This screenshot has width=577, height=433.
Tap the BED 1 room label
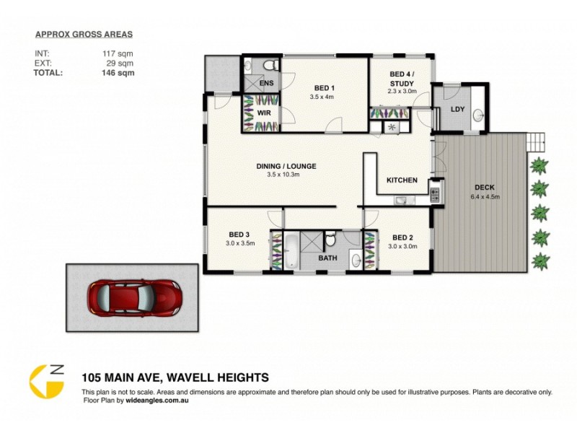tap(322, 88)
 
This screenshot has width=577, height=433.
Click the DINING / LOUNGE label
tap(286, 166)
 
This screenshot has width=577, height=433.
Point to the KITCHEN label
tap(402, 180)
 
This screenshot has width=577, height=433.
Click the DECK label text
tap(485, 187)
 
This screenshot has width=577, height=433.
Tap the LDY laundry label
tap(457, 109)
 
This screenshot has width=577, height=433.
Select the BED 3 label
tap(239, 235)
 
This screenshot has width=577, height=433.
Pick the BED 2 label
tap(402, 237)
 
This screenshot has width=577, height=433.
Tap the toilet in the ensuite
tap(270, 66)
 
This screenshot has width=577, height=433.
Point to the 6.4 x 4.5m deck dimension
tap(485, 196)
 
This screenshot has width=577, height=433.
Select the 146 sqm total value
tap(118, 72)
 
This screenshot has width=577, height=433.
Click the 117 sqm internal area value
tap(118, 53)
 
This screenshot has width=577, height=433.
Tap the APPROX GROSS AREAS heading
tap(84, 34)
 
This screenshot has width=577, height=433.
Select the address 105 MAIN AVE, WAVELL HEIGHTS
tap(175, 377)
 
